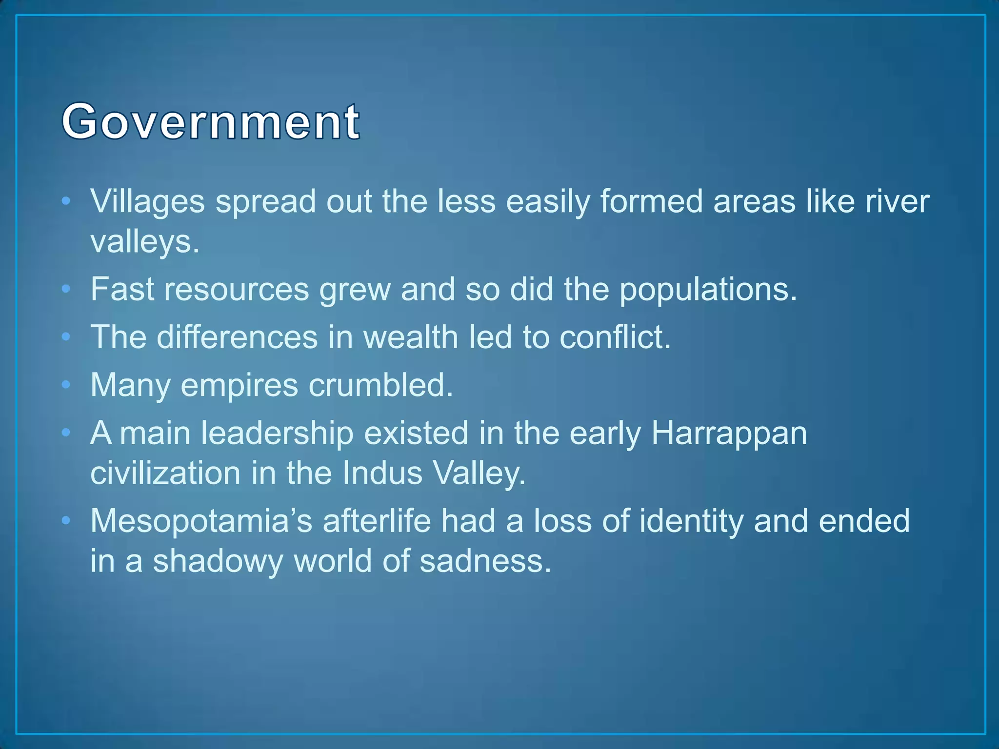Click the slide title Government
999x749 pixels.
(x=211, y=122)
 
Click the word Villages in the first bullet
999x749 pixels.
(x=147, y=201)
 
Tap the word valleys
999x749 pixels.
(x=144, y=242)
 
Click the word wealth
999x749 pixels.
(x=411, y=337)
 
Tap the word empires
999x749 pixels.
(x=239, y=385)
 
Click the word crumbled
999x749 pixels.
(x=381, y=385)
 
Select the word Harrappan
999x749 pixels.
(x=729, y=433)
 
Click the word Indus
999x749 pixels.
(x=382, y=473)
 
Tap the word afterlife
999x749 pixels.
(x=377, y=521)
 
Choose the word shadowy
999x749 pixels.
(x=218, y=561)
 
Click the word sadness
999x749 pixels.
(x=485, y=561)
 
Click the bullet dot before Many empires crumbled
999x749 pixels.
(x=66, y=385)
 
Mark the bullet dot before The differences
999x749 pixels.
(x=66, y=337)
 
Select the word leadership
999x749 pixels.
(x=277, y=433)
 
